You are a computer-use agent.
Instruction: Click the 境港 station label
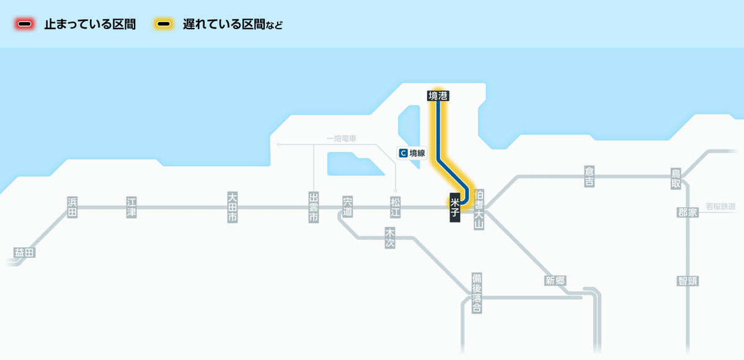tap(438, 95)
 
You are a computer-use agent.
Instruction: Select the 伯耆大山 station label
tap(478, 210)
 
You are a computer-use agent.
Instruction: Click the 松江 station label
tap(396, 207)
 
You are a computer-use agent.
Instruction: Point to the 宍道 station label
tap(347, 207)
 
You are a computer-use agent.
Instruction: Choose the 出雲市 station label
tap(314, 208)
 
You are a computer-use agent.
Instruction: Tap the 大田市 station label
tap(232, 208)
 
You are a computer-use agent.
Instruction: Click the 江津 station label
tap(131, 207)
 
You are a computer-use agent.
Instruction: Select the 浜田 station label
tap(73, 207)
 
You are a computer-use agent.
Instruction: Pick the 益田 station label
tap(25, 253)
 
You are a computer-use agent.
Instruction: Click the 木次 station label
tap(390, 237)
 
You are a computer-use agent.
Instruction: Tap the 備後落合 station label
tap(476, 293)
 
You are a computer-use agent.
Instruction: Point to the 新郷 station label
tap(556, 281)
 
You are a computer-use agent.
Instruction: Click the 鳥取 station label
tap(676, 178)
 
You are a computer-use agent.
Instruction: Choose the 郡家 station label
tap(688, 213)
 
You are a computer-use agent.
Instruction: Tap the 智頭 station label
tap(688, 281)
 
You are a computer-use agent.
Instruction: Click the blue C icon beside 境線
tap(404, 152)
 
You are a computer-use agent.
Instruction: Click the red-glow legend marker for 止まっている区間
tap(25, 25)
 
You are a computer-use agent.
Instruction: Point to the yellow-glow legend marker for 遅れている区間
tap(164, 25)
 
